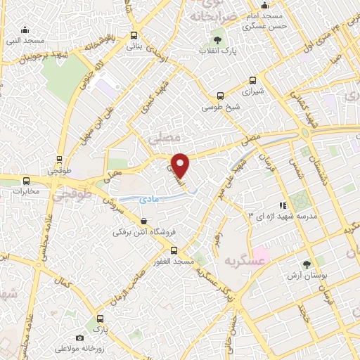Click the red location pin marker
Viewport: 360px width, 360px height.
point(181,165)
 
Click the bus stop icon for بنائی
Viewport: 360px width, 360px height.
point(134,35)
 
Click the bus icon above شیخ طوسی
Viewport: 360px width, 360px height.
point(221,96)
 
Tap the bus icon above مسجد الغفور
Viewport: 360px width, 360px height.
point(174,250)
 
